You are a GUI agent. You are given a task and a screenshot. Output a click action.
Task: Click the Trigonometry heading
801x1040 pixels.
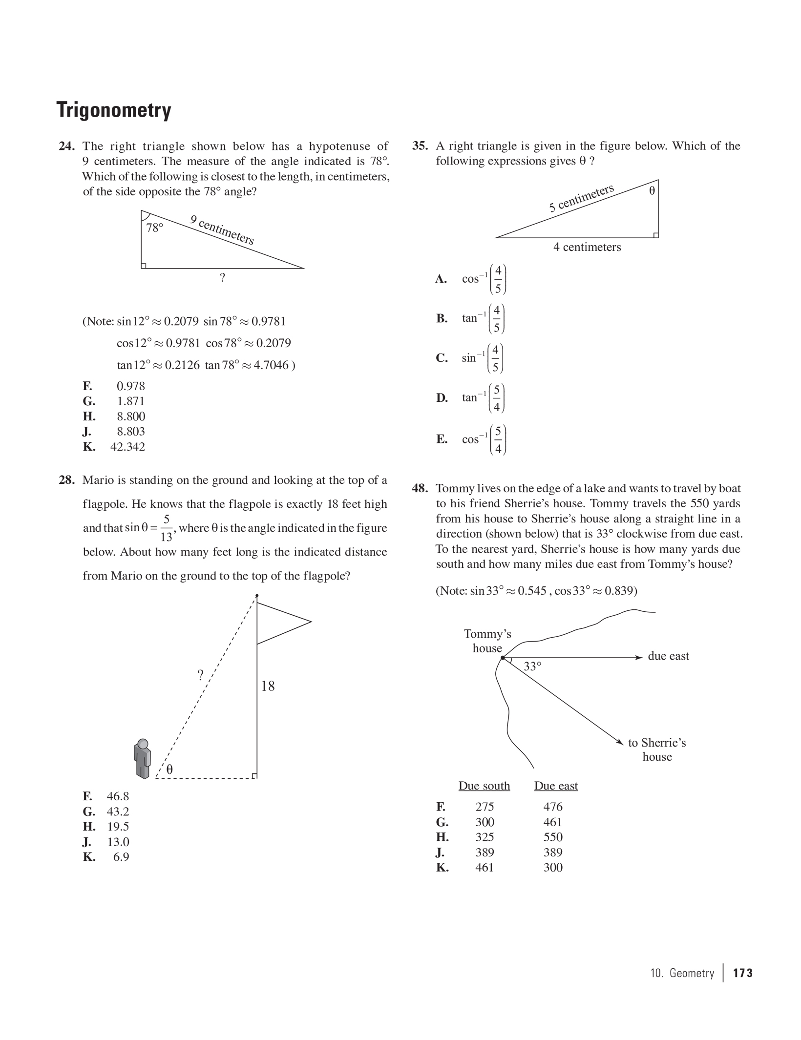(114, 110)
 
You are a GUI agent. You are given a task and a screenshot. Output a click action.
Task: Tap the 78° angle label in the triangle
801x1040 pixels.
(155, 228)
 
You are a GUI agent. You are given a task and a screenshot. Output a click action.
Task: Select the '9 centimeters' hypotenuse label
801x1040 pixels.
(222, 229)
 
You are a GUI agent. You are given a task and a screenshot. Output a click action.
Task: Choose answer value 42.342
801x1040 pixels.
(127, 447)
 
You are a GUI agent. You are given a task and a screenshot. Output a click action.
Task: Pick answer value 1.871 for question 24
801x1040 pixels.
(130, 401)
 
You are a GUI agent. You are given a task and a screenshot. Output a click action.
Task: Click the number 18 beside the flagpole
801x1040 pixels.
(268, 686)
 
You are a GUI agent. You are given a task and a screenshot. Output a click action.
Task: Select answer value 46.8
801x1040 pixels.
(118, 796)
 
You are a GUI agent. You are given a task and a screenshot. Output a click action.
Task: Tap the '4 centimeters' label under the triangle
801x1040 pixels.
(587, 247)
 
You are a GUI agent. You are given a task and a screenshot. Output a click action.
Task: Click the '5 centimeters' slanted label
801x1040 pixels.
(581, 198)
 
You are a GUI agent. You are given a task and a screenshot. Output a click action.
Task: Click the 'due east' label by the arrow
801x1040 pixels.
(668, 656)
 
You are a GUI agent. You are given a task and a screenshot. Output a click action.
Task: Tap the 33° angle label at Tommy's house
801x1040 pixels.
(532, 666)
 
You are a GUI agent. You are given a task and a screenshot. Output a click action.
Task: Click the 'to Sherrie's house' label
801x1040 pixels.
(656, 749)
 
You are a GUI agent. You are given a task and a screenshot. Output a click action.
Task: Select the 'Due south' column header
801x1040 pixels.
(484, 786)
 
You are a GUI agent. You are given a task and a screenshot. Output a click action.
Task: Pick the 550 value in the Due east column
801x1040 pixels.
(553, 837)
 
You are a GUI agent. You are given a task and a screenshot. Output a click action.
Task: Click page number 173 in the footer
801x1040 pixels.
(742, 973)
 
